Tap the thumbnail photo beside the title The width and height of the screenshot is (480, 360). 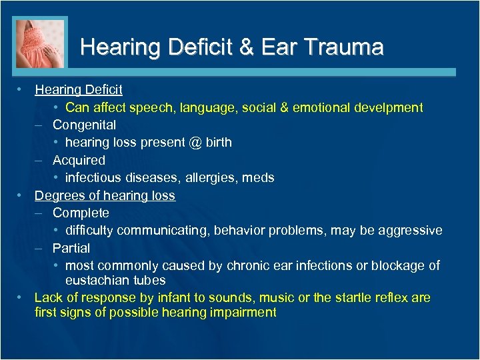[x=40, y=44]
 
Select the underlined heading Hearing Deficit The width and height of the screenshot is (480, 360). [x=79, y=89]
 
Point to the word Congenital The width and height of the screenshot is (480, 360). [x=84, y=125]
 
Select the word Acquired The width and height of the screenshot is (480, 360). [x=79, y=160]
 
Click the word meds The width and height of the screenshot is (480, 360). [x=259, y=178]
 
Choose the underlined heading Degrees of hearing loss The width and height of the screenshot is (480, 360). [x=105, y=195]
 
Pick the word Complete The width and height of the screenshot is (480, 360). [x=81, y=213]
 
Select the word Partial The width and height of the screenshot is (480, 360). [x=71, y=248]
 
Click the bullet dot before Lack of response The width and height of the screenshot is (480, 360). [x=22, y=297]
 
